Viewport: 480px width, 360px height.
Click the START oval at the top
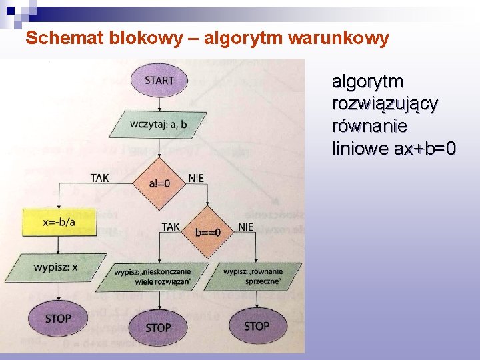point(159,80)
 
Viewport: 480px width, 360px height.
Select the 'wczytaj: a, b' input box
point(159,124)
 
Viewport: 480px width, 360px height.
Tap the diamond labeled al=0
point(159,183)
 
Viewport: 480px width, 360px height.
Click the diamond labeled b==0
point(208,232)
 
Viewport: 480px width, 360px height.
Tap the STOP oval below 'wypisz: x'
point(58,319)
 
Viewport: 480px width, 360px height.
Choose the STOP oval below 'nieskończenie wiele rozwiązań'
point(158,327)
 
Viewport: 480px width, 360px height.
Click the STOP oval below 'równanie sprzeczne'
point(257,326)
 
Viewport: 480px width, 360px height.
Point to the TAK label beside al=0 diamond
point(100,177)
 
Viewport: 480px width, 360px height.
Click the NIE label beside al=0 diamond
point(196,178)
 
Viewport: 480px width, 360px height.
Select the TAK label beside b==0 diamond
point(171,227)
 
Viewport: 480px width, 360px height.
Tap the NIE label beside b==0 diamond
point(245,227)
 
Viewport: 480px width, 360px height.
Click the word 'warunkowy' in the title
point(339,39)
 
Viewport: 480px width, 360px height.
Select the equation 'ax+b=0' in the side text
point(425,148)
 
